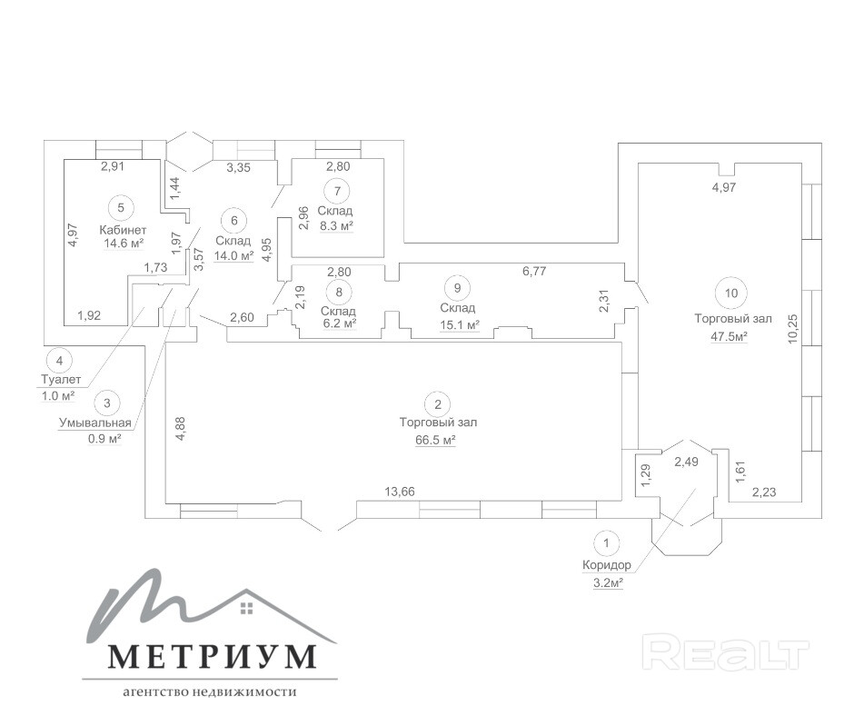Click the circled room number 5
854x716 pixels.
pos(121,207)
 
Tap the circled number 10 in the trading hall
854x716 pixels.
pos(731,293)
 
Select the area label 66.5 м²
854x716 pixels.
pos(435,440)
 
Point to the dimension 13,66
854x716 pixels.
pos(400,492)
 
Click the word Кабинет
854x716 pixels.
pos(123,230)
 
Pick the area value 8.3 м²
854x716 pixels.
pos(336,225)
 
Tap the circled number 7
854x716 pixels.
pos(338,191)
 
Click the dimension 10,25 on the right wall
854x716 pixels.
pos(792,328)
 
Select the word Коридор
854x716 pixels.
pos(607,565)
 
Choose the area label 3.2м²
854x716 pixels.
pos(608,582)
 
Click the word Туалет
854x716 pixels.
pos(61,379)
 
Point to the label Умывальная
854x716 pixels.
pos(94,423)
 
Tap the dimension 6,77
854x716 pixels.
pos(534,271)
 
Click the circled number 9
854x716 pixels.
pos(458,288)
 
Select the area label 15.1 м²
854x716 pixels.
pos(459,324)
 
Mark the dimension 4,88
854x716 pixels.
pos(182,428)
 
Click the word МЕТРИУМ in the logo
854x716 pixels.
pos(213,657)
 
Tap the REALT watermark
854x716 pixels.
pos(726,651)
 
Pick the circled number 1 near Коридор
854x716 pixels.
pos(606,542)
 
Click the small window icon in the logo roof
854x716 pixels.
pos(247,608)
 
